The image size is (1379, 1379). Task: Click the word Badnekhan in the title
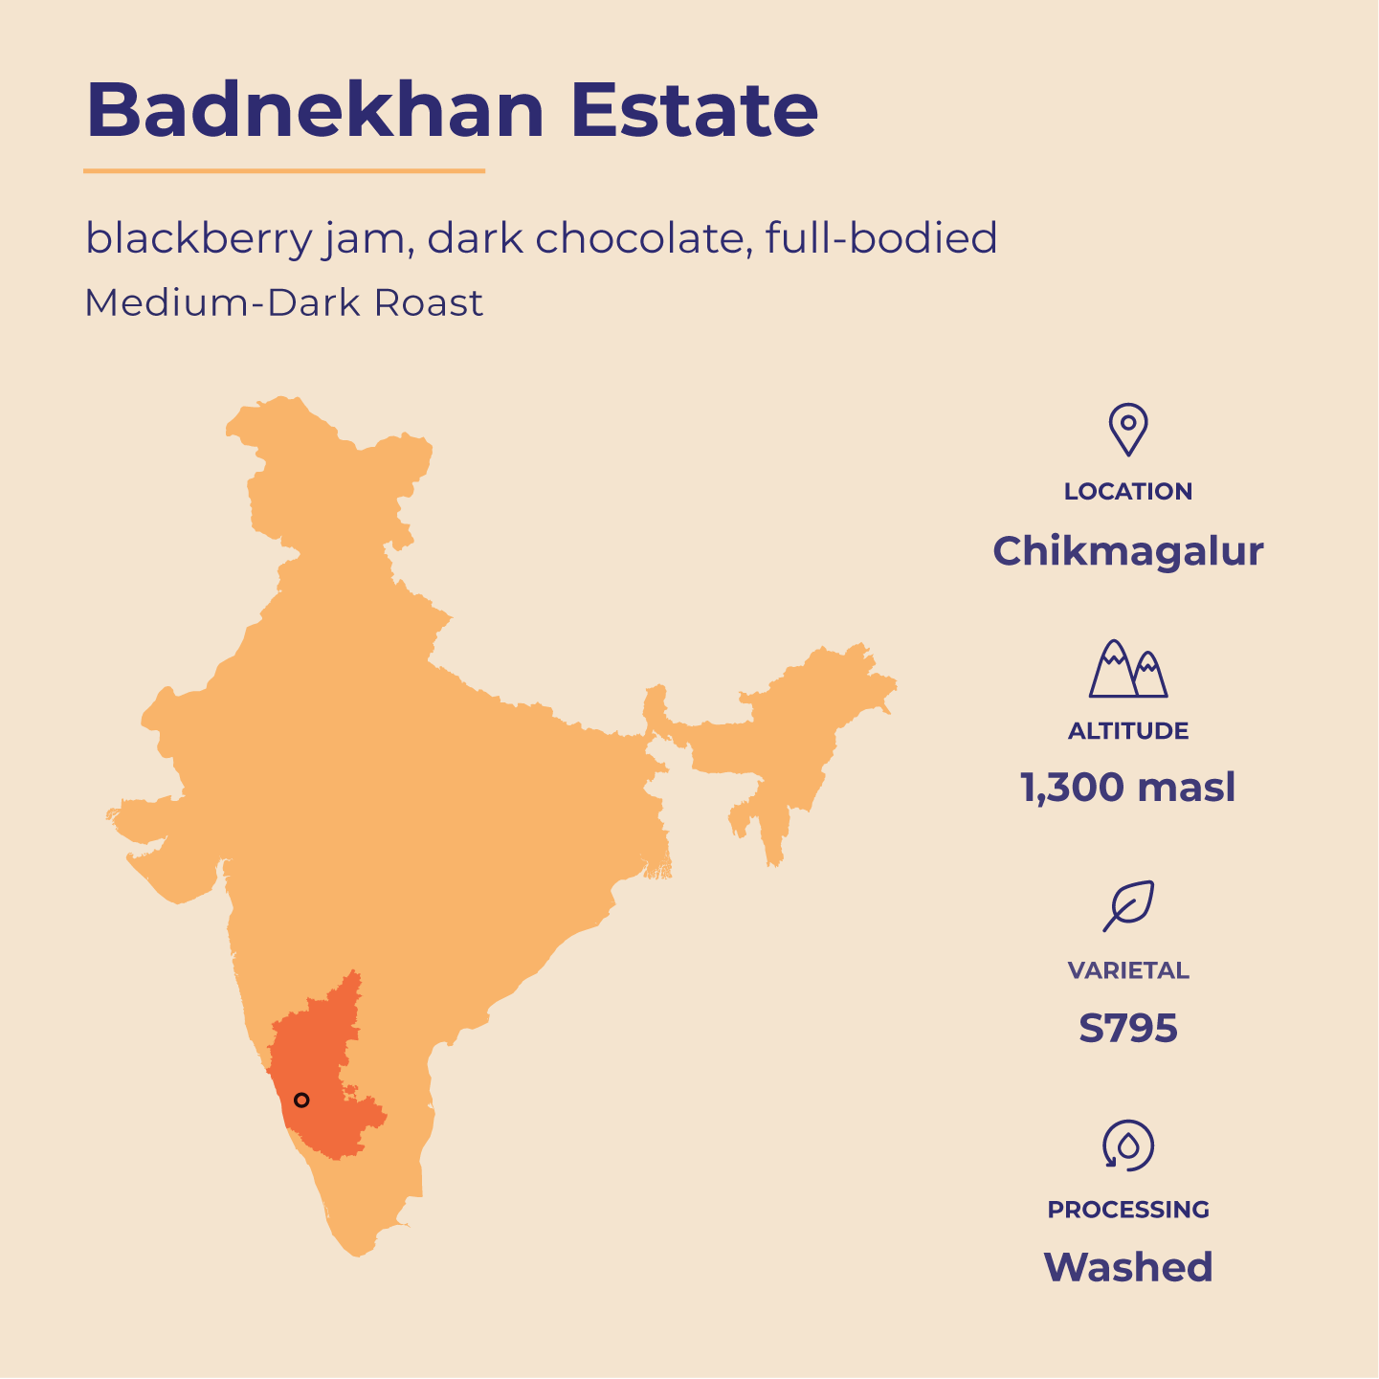[315, 110]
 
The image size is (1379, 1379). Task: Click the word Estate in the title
[694, 110]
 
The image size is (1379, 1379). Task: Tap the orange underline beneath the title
[284, 171]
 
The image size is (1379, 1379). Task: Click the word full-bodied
[881, 238]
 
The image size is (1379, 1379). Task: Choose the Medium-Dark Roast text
[284, 303]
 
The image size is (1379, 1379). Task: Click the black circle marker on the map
[301, 1101]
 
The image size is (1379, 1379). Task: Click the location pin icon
[1128, 429]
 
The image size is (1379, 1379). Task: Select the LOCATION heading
[1128, 492]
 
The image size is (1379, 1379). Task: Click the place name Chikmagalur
[1128, 551]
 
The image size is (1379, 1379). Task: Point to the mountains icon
[1128, 669]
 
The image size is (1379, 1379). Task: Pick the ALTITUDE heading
[1128, 731]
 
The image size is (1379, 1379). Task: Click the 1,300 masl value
[1128, 788]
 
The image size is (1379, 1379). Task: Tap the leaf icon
[1128, 905]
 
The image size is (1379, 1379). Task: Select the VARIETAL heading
[1128, 970]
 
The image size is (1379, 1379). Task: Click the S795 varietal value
[1128, 1029]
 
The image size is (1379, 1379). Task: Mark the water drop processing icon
[1128, 1145]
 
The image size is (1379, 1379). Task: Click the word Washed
[1128, 1267]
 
